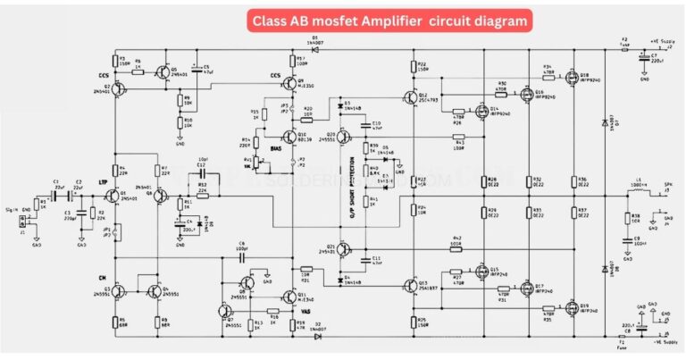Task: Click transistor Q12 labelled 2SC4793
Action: tap(410, 98)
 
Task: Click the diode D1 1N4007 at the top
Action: tap(314, 50)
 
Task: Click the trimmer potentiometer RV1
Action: tap(261, 163)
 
